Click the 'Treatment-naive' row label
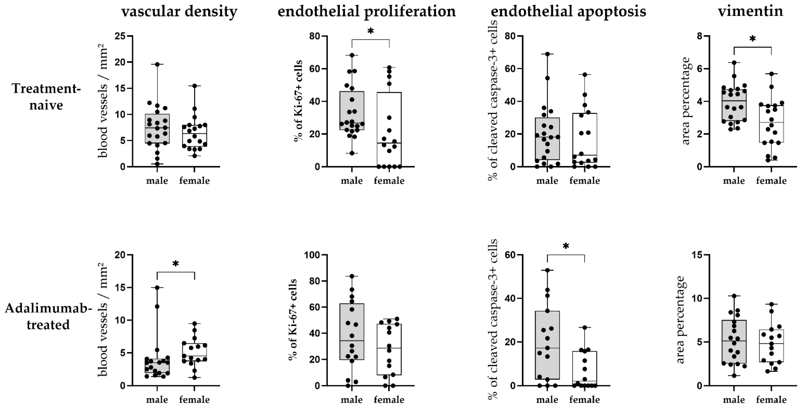tap(46, 97)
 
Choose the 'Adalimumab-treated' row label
tap(48, 317)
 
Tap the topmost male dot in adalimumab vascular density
tap(157, 288)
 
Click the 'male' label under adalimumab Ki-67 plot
tap(352, 399)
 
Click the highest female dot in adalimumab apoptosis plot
tap(585, 327)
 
